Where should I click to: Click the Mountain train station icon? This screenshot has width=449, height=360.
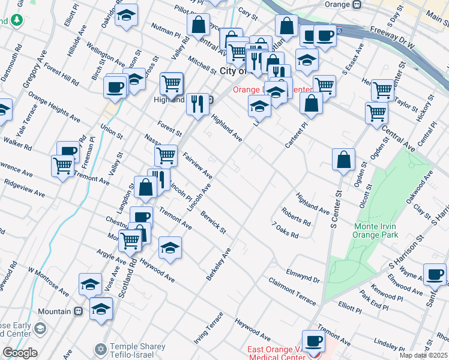[x=78, y=311]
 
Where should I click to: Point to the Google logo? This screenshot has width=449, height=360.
[x=19, y=353]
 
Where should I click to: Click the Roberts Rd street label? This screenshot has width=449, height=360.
[x=297, y=217]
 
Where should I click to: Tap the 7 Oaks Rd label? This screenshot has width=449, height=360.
[x=285, y=230]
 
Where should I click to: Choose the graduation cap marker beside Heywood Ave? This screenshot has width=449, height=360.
[x=170, y=247]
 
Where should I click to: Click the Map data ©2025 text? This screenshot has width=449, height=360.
[x=423, y=355]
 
